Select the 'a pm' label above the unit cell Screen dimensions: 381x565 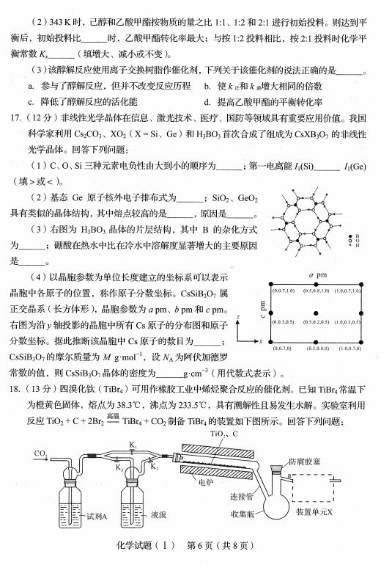click(316, 274)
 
